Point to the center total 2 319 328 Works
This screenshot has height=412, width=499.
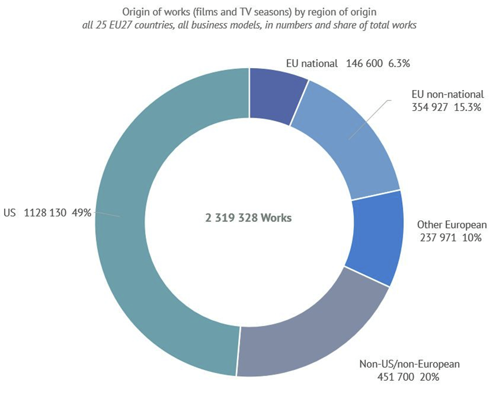[249, 218]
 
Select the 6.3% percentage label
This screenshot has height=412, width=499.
[399, 64]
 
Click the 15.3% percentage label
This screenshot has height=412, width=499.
[468, 107]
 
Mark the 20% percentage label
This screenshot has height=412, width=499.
[430, 377]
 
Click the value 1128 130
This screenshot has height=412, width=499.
[46, 213]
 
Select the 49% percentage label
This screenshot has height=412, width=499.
[81, 213]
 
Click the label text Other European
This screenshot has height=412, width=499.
[452, 224]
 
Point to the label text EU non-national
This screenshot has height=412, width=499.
[448, 94]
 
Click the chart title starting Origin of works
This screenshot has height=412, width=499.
[249, 11]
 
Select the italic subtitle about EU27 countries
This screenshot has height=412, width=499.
[249, 26]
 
